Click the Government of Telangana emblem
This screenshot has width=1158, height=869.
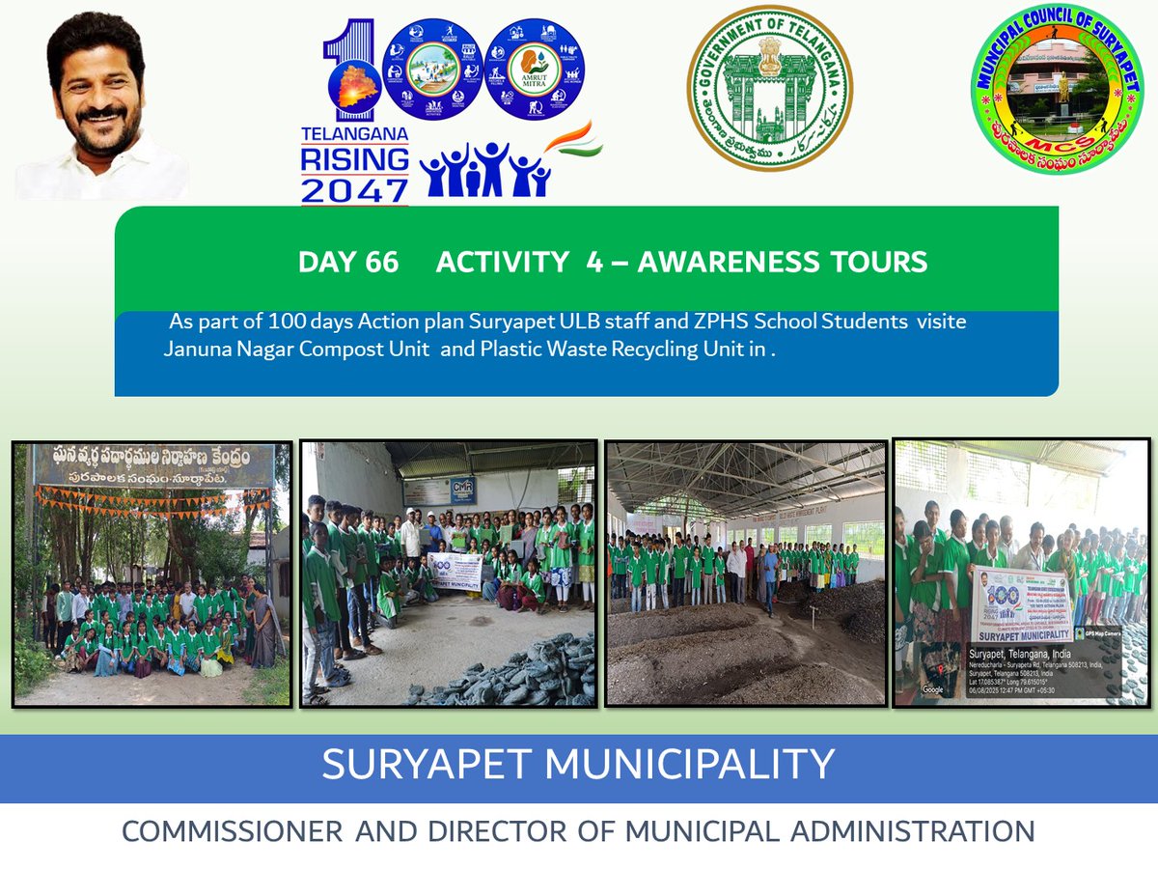click(x=769, y=89)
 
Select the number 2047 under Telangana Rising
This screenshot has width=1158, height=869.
click(x=354, y=188)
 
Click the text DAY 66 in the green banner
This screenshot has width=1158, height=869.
click(x=348, y=262)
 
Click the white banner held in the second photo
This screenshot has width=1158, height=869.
click(x=454, y=571)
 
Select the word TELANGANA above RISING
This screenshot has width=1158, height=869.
click(x=354, y=133)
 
